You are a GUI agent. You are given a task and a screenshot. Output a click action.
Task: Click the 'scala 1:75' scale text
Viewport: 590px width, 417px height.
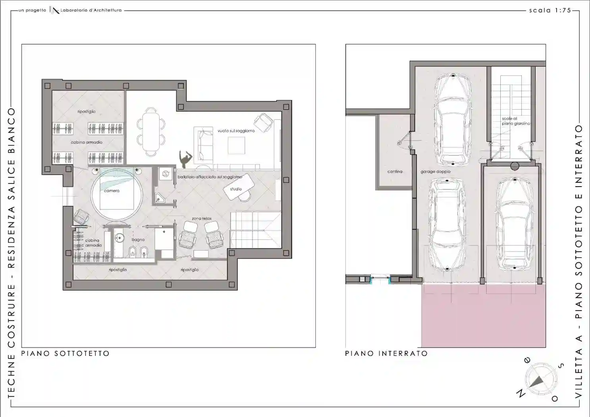click(x=550, y=10)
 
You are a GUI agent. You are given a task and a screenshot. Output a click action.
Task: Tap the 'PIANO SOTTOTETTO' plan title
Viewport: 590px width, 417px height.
click(x=65, y=353)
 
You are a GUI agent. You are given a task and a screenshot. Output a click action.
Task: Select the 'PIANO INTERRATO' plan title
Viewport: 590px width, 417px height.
click(x=386, y=353)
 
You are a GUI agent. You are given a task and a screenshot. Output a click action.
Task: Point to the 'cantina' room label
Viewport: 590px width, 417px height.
click(x=395, y=172)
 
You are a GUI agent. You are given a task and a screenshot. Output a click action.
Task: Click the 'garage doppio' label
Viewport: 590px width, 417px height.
click(x=436, y=172)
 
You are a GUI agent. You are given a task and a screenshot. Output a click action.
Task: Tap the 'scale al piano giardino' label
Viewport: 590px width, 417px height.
click(x=515, y=121)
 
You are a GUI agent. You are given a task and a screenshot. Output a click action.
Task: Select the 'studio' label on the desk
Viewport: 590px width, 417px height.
click(x=236, y=189)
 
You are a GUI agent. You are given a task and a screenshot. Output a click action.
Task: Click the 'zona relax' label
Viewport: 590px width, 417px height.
click(x=202, y=218)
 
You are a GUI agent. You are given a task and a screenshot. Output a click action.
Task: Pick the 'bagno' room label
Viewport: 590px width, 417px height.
click(x=138, y=239)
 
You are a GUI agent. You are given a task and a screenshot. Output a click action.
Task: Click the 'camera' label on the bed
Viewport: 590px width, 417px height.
click(x=112, y=191)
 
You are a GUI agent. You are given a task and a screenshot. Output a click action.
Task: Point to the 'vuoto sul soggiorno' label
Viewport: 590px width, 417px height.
click(x=236, y=131)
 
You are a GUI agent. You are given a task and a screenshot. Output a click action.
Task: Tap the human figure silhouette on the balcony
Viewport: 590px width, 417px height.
click(x=185, y=159)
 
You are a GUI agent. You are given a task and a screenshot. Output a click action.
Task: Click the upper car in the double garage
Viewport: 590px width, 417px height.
click(x=453, y=119)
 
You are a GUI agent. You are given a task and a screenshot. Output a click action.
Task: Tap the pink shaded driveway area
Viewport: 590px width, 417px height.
click(x=483, y=316)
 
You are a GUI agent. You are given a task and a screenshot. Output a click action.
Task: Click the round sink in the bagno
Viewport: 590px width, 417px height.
click(x=120, y=238)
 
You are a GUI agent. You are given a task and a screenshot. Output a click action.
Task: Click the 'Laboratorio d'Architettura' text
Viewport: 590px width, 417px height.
click(x=91, y=10)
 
